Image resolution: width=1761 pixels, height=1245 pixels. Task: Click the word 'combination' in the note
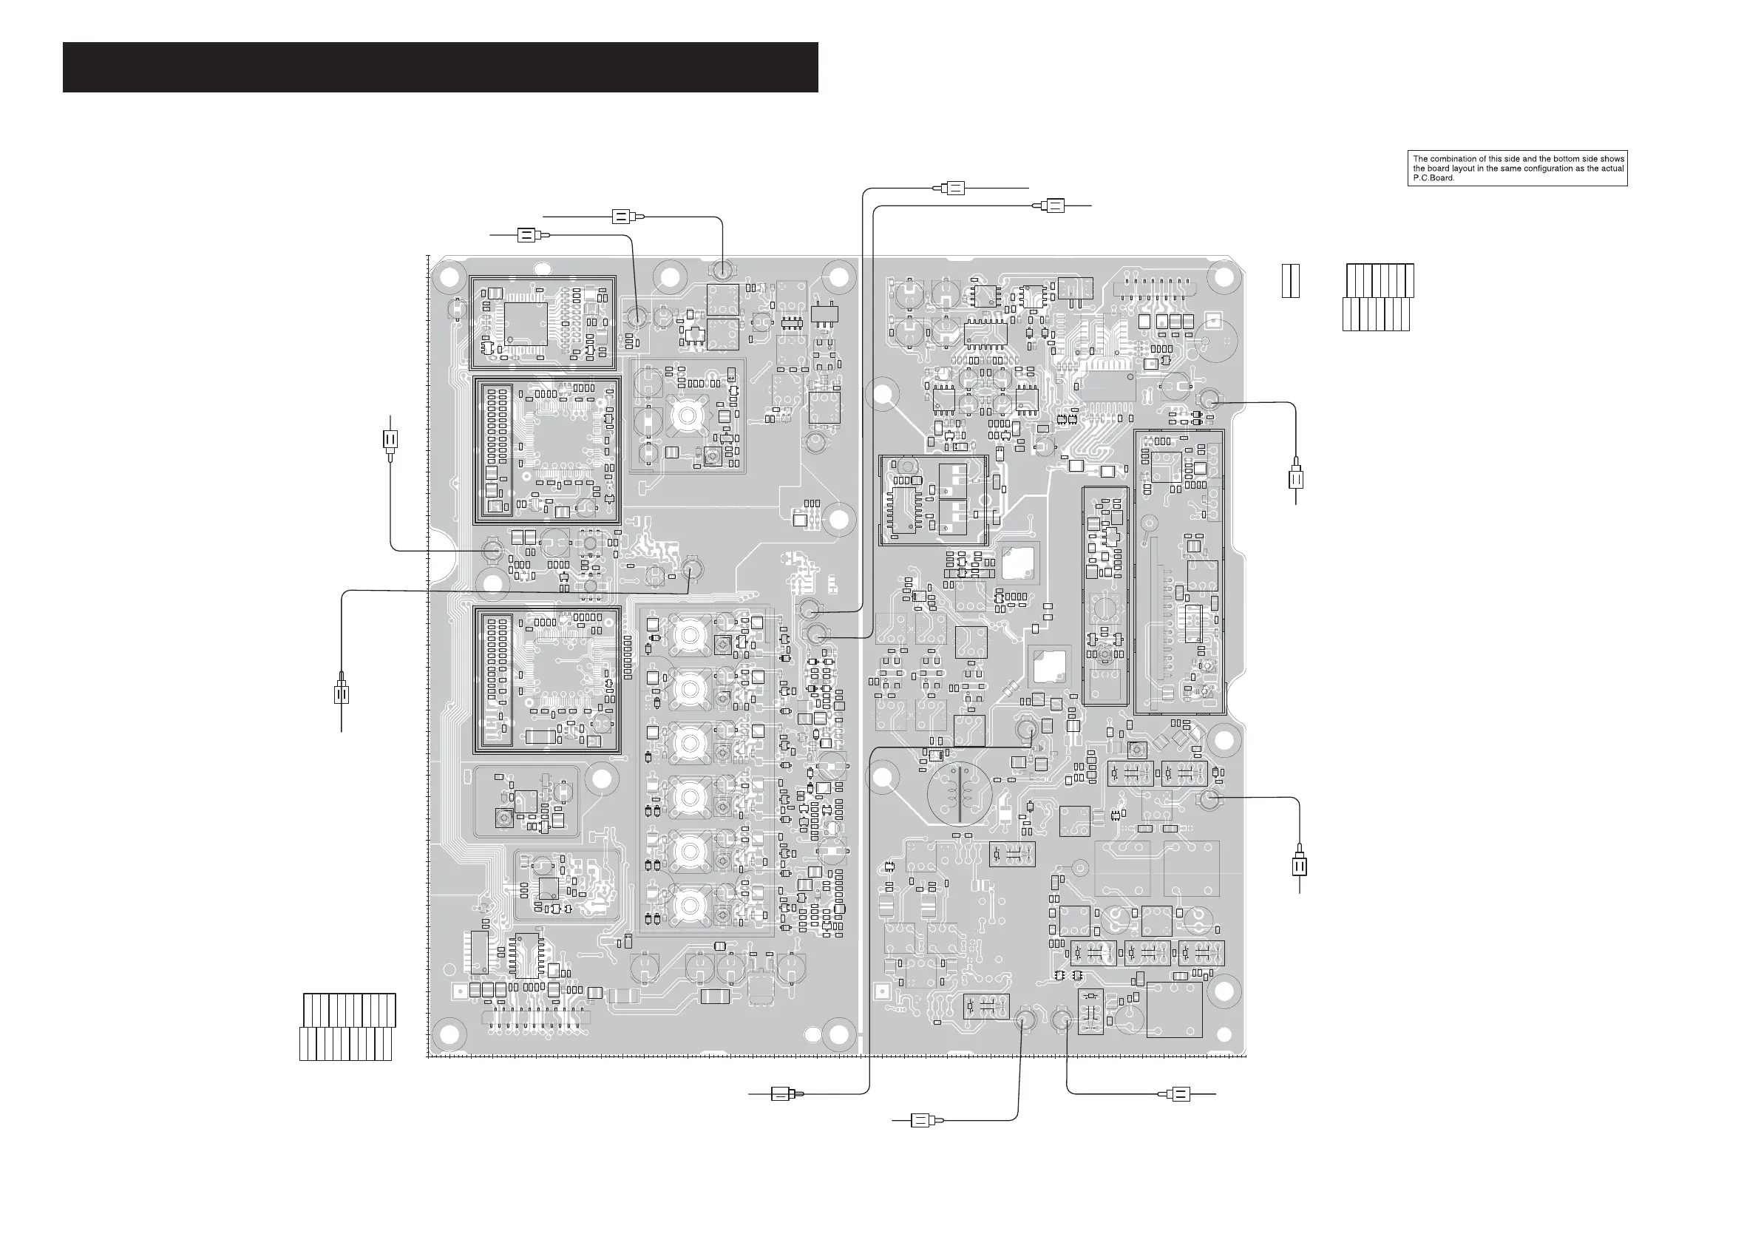click(x=1453, y=159)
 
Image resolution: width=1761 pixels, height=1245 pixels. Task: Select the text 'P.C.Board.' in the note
click(x=1433, y=178)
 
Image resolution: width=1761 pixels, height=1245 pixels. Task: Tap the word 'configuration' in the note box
click(x=1557, y=169)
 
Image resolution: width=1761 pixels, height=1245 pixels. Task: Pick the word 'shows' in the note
click(x=1613, y=159)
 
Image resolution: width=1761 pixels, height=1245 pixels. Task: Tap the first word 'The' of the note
click(x=1420, y=159)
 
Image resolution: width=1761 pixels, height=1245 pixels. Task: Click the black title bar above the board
click(x=441, y=67)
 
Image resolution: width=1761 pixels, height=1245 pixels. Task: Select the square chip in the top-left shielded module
click(x=526, y=323)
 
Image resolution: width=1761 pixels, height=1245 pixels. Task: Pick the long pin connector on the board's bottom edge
click(x=535, y=1019)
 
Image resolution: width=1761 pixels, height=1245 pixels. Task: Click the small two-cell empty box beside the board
click(x=1291, y=281)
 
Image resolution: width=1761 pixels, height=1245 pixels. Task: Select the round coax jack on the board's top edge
click(x=722, y=270)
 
